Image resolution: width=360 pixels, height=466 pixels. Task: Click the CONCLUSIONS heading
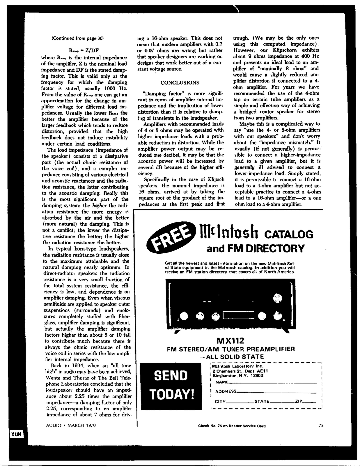point(180,82)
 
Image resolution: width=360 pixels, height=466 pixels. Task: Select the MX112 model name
point(230,340)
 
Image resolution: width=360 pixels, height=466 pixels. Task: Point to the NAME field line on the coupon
point(272,382)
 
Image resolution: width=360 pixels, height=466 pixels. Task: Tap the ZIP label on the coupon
point(299,401)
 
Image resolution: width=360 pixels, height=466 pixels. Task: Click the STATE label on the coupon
point(262,401)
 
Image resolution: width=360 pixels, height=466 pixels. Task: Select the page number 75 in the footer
point(321,425)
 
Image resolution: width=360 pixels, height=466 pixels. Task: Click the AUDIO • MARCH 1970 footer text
point(71,425)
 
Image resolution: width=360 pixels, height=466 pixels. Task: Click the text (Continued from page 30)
point(77,38)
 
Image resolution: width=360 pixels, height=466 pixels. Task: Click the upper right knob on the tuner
point(277,298)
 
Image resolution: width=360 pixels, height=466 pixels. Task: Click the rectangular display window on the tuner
point(239,316)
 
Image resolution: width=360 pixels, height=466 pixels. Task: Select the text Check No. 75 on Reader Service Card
point(232,426)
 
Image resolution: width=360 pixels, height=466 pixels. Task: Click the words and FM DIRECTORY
point(256,249)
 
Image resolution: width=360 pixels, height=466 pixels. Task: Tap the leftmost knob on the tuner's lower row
point(184,316)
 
